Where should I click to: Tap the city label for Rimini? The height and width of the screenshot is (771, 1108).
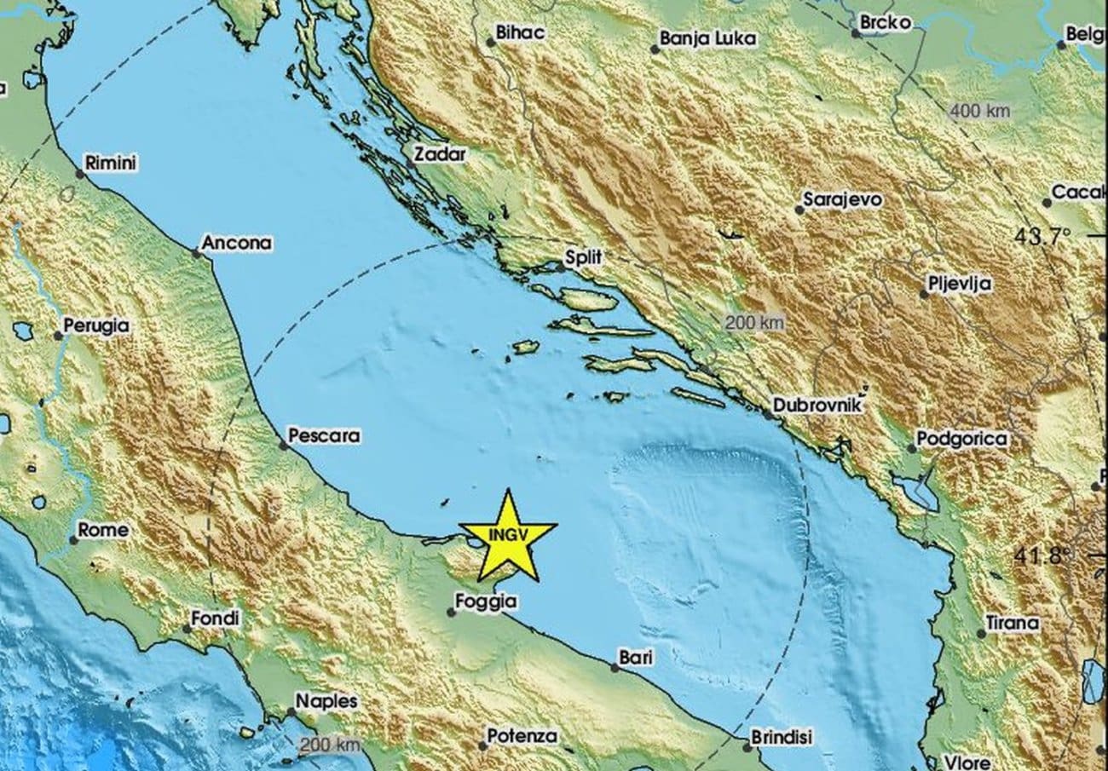click(x=112, y=164)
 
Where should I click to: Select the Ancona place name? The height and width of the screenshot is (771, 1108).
click(x=238, y=244)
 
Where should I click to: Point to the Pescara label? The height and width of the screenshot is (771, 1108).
click(x=324, y=436)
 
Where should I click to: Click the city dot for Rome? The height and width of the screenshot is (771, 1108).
click(x=73, y=539)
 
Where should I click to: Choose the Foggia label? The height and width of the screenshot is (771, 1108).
click(x=486, y=601)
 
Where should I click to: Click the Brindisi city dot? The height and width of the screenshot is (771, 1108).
click(x=747, y=748)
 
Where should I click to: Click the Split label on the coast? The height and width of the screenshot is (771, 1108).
click(x=584, y=257)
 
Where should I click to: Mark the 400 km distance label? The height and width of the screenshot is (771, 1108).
click(x=978, y=111)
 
